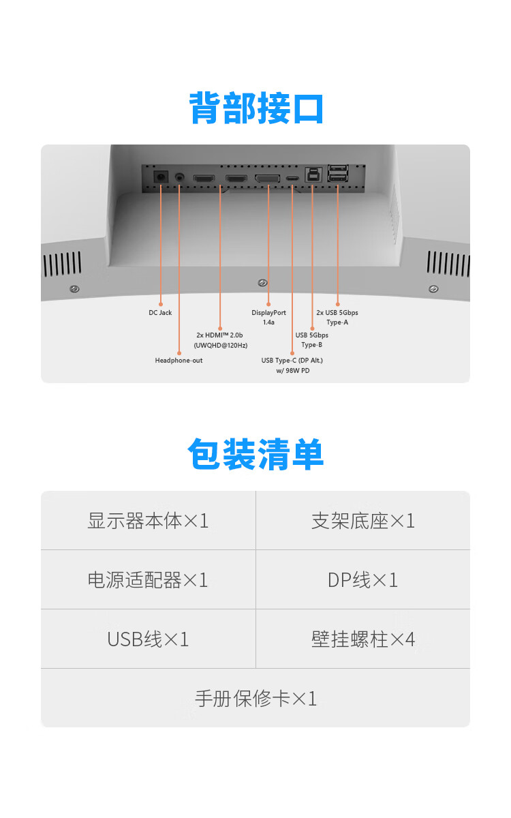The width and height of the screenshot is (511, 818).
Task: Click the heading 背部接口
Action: click(256, 108)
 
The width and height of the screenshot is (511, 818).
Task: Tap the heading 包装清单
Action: click(256, 454)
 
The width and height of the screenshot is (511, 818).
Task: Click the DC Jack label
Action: click(160, 313)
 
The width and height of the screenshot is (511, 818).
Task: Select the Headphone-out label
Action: click(179, 361)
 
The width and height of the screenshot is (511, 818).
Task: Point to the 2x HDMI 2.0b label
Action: click(221, 340)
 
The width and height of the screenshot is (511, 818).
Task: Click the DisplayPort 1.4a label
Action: click(268, 318)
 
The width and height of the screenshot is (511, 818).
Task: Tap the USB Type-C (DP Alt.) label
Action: click(292, 365)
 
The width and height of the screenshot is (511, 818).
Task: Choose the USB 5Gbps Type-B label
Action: click(312, 339)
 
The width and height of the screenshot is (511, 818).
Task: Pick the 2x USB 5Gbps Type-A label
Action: click(337, 318)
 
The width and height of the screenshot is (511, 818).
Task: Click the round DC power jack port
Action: click(161, 177)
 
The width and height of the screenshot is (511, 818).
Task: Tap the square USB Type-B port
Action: click(313, 175)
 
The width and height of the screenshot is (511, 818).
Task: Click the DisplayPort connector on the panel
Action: click(268, 179)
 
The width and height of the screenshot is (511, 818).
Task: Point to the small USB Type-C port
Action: click(292, 179)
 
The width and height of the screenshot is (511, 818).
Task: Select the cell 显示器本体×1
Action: click(149, 520)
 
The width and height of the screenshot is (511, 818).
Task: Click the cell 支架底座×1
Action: click(363, 520)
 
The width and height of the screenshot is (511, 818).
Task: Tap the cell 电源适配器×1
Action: click(149, 579)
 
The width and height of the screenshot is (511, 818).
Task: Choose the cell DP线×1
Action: click(363, 579)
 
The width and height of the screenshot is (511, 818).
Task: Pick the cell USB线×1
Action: click(149, 639)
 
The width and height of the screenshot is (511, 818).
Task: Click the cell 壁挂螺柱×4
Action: click(363, 639)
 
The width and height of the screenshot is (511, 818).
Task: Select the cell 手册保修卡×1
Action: click(255, 698)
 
